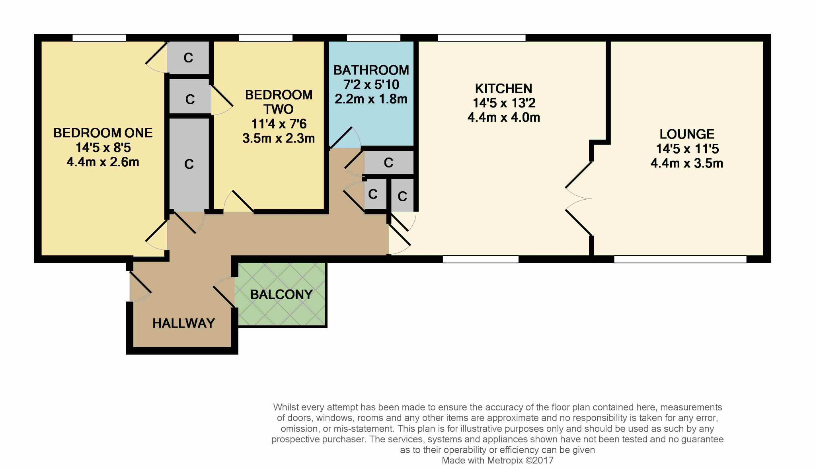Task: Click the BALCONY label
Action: (281, 294)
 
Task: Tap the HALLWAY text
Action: (183, 323)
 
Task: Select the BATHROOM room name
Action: (371, 70)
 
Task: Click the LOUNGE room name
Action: (687, 134)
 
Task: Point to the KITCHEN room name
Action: (503, 88)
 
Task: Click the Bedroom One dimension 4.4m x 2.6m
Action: (103, 162)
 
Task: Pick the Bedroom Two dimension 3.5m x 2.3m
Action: (279, 138)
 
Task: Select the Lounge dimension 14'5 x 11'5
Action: (687, 149)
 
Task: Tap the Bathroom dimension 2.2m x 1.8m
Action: (371, 99)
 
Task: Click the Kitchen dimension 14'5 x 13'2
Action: (503, 103)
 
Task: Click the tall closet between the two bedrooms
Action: (189, 164)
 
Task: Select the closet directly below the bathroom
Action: (388, 162)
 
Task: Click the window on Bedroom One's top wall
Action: (99, 38)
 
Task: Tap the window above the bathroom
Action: (373, 38)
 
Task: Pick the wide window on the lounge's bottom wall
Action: (680, 259)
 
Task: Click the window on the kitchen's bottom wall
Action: (480, 259)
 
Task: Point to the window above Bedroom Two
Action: (265, 38)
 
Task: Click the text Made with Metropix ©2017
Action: (497, 461)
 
